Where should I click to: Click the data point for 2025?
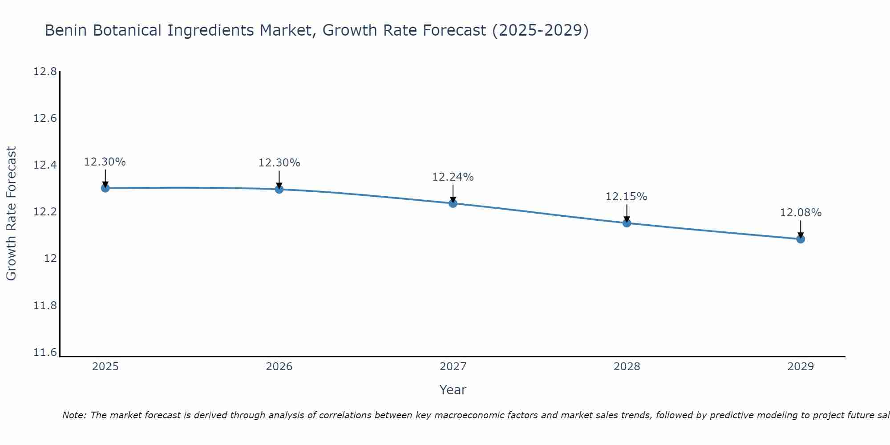(x=105, y=188)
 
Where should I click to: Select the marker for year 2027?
(x=453, y=203)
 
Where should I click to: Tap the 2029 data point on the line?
(x=801, y=239)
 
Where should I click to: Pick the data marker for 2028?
(x=627, y=223)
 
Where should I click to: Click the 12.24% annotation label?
(x=453, y=177)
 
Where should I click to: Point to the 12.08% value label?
(x=801, y=213)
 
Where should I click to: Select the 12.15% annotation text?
(x=626, y=197)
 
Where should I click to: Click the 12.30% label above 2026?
(x=279, y=163)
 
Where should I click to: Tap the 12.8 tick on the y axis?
(x=45, y=72)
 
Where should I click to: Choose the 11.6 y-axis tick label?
(x=45, y=352)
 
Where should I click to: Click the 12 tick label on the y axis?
(x=50, y=259)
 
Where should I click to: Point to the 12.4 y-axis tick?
(x=45, y=166)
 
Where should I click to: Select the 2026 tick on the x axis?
(x=279, y=367)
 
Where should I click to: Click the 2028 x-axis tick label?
(x=627, y=367)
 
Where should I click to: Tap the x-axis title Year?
(x=453, y=390)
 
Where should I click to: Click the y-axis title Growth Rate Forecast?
(x=11, y=214)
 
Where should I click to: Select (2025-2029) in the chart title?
(x=540, y=30)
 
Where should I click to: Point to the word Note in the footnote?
(x=74, y=415)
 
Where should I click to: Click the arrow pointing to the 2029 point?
(x=801, y=229)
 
